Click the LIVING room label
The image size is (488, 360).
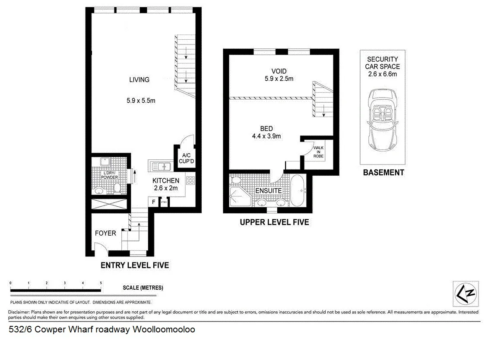(x=139, y=79)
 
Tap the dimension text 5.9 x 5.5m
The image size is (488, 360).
(x=141, y=101)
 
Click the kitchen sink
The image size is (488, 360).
(x=161, y=166)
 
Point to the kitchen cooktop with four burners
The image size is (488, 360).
(x=190, y=180)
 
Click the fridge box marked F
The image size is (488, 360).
(x=153, y=202)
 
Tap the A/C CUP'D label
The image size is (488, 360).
(x=187, y=158)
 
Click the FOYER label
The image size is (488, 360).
(x=105, y=233)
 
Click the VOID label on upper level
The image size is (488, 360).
(x=279, y=71)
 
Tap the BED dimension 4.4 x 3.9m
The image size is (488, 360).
(x=266, y=136)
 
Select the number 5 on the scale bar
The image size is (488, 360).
(x=101, y=283)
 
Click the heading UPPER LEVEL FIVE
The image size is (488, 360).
(x=275, y=222)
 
